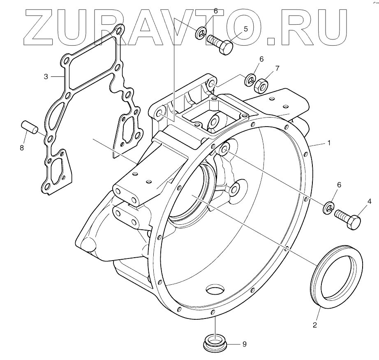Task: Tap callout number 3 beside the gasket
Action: tap(46, 76)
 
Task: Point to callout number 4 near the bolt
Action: tap(369, 201)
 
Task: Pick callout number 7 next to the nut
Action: tap(277, 68)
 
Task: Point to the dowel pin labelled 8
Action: tap(30, 126)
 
